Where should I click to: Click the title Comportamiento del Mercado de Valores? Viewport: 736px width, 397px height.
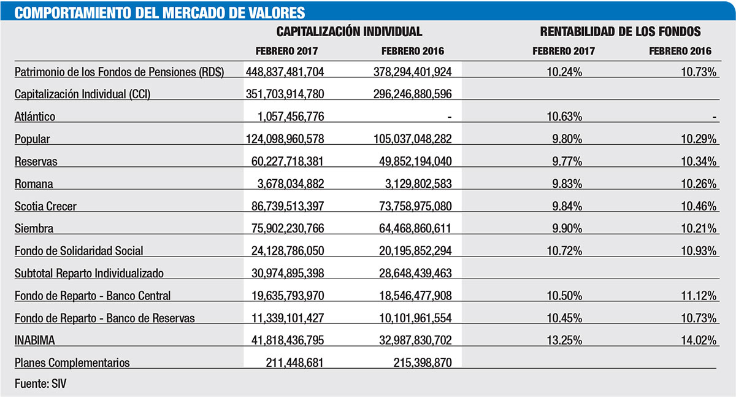coord(159,12)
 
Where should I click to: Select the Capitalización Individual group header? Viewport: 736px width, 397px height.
coord(349,31)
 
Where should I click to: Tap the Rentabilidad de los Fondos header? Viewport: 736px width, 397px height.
coord(620,31)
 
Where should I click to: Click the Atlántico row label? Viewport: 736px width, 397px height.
coord(35,117)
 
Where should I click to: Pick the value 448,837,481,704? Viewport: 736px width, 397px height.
coord(284,72)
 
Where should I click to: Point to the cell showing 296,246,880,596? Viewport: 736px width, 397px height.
coord(412,94)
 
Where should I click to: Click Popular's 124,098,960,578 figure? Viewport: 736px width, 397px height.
coord(284,139)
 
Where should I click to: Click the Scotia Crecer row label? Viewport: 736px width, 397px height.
coord(46,206)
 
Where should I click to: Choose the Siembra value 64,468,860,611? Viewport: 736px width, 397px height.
coord(412,228)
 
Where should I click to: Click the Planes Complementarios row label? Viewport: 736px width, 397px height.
coord(72,363)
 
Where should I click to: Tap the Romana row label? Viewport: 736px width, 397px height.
coord(34,183)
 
